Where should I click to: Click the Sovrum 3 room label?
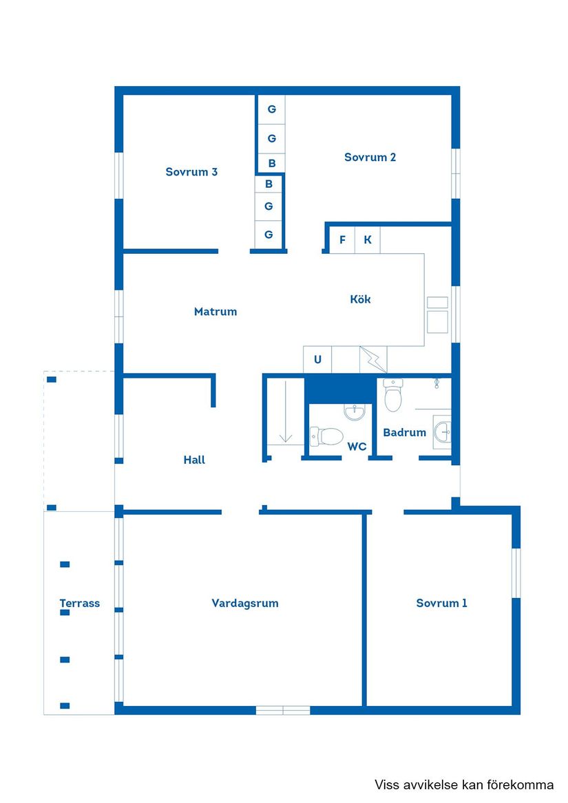pos(191,172)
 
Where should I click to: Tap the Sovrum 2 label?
pos(370,157)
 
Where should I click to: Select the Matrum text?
pos(215,312)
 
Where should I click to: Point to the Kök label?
pos(360,299)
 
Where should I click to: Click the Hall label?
pos(194,460)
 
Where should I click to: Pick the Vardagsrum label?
pos(244,603)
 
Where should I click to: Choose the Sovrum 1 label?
pos(441,603)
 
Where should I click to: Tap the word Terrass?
pos(79,603)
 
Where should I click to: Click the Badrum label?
pos(404,433)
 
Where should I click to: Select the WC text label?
pos(357,447)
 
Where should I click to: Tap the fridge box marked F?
pos(342,240)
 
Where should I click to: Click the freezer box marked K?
pos(368,240)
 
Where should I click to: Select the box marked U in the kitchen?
pos(317,359)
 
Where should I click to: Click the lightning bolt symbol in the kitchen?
pos(373,359)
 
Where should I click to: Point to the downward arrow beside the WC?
pos(286,435)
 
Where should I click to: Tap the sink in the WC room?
pos(355,411)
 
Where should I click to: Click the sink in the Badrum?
pos(443,432)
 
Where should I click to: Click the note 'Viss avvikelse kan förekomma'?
pos(463,784)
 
